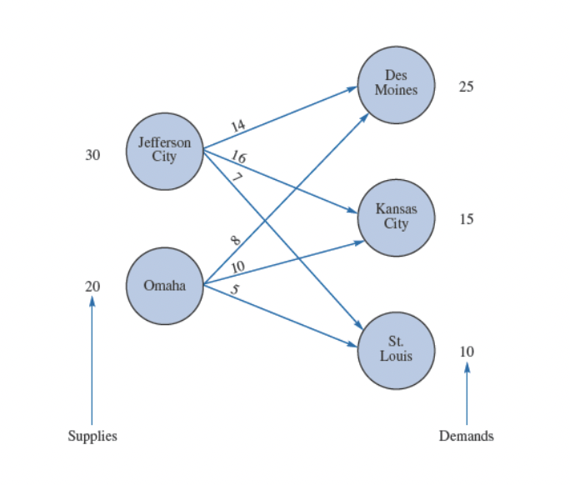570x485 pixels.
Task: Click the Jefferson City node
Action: [164, 151]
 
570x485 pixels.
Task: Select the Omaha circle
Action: [164, 286]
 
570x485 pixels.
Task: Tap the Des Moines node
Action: [396, 84]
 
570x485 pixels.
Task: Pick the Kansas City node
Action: [396, 217]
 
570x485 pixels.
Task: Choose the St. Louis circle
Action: [396, 350]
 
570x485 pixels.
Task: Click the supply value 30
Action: [92, 155]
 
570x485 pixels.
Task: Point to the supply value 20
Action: [92, 287]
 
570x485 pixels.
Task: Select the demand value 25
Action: [467, 87]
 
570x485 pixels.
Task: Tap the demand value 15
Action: [467, 220]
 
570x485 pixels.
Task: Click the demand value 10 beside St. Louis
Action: [467, 352]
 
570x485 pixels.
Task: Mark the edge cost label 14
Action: [238, 126]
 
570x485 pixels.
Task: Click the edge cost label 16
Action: [238, 157]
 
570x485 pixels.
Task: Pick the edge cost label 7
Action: [237, 177]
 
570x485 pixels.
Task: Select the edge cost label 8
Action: [236, 241]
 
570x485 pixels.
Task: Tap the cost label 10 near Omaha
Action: [237, 267]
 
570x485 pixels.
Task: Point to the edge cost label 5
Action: [235, 290]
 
